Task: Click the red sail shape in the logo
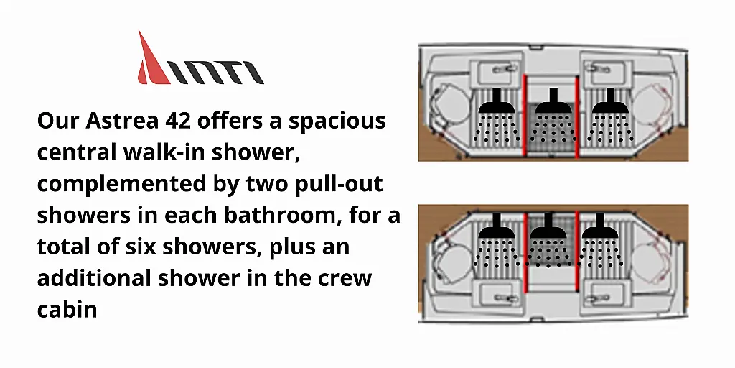[151, 63]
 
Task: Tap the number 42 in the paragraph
[178, 121]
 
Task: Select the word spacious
[337, 121]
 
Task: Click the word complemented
[121, 184]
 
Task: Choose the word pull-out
[339, 184]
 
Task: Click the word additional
[94, 278]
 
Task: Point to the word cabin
[67, 309]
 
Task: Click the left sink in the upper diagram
[497, 71]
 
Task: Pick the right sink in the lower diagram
[609, 294]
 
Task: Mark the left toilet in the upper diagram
[449, 105]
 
